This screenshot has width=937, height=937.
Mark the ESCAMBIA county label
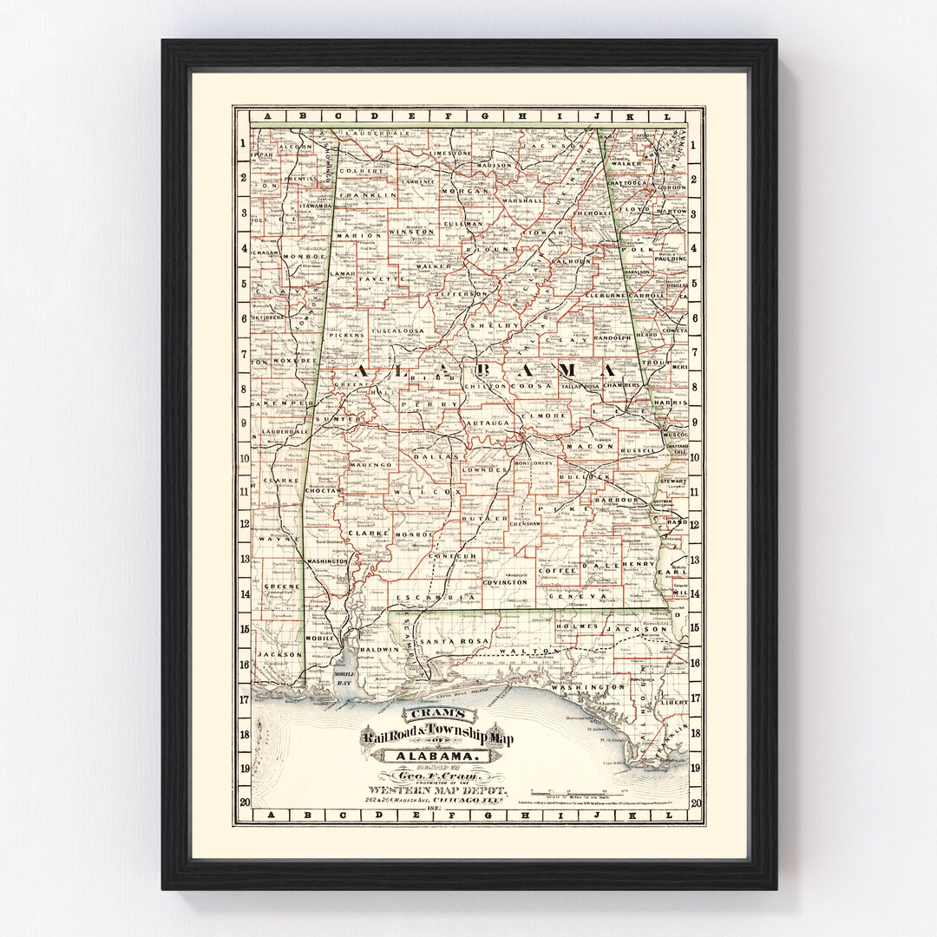[x=423, y=599]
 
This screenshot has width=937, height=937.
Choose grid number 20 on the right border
[x=694, y=801]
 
